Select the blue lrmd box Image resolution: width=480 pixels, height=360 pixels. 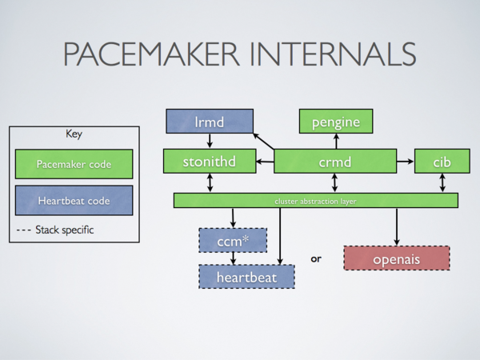coord(210,122)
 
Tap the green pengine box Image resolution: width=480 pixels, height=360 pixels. coord(335,122)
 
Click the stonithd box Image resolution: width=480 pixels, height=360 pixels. coord(210,162)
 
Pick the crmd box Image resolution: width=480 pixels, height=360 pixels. coord(335,162)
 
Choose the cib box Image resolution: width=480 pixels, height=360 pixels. coord(442,162)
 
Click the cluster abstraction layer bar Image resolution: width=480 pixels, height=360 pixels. coord(315,201)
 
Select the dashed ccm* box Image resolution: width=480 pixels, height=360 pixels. coord(232,239)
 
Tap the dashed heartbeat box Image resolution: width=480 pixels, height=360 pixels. coord(246,276)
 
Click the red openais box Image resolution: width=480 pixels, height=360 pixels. coord(396,258)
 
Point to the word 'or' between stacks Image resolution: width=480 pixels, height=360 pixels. coord(316,258)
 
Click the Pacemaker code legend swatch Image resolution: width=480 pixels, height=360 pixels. coord(73,165)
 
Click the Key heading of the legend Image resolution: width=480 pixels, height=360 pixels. coord(73,134)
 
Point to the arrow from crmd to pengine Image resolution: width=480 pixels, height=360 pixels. coord(335,142)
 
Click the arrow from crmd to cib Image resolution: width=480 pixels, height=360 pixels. coord(405,162)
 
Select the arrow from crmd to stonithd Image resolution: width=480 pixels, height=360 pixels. coord(265,162)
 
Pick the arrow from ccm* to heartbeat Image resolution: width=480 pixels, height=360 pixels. coord(232,258)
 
